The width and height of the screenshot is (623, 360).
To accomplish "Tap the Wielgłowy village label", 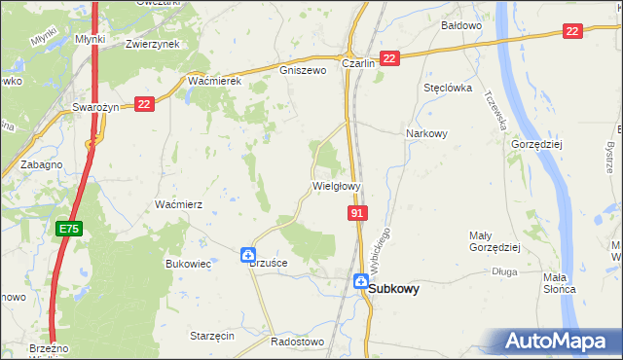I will tap(337, 185).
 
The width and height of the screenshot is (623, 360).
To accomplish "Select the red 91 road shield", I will tap(357, 213).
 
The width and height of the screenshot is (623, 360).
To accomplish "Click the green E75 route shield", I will tap(68, 230).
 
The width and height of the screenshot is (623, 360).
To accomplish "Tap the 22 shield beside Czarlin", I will tap(389, 59).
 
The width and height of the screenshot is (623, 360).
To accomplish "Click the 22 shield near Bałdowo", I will tap(572, 32).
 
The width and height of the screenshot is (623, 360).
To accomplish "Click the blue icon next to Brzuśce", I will tap(248, 255).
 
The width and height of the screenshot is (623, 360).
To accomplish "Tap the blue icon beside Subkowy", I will tap(360, 282).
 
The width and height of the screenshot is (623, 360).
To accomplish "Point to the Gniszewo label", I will tap(301, 70).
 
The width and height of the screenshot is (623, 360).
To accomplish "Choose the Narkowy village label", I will tap(426, 134).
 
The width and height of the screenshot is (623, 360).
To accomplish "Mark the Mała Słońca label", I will tap(560, 289).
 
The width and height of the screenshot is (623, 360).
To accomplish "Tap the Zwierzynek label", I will tap(155, 44).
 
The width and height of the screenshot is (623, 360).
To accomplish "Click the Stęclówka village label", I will tap(448, 88).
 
